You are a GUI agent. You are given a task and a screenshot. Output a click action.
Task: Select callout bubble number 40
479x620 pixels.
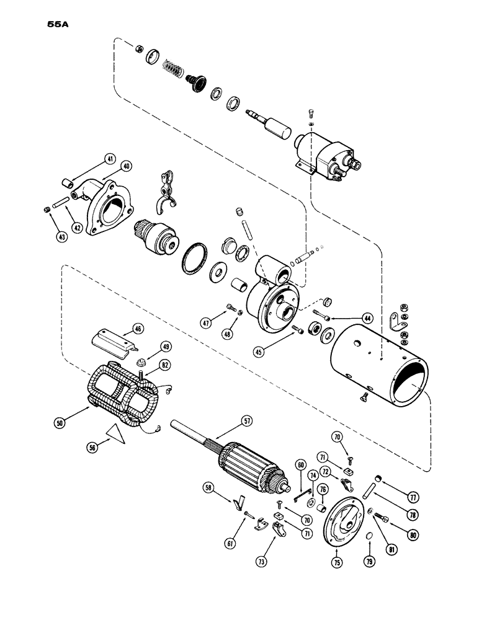point(126,166)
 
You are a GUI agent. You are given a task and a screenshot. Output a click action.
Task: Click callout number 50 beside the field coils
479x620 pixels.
point(59,423)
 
